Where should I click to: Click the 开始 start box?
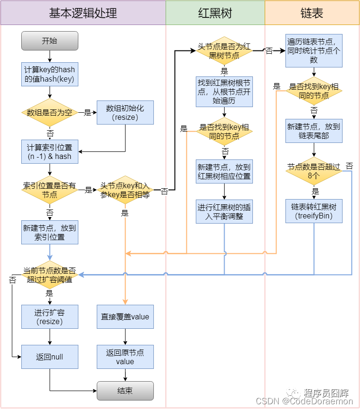click(x=50, y=41)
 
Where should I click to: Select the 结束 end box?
click(x=125, y=391)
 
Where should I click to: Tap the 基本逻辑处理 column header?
click(x=83, y=13)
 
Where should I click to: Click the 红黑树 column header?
click(x=215, y=13)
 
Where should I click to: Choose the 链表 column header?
click(x=311, y=13)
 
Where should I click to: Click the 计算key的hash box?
click(x=50, y=74)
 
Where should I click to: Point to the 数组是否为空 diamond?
click(x=50, y=113)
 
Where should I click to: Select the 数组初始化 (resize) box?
click(x=125, y=113)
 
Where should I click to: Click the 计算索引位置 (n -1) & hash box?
click(x=50, y=151)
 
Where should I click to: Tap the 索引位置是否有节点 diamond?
click(x=50, y=190)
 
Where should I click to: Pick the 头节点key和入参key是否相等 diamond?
click(x=125, y=190)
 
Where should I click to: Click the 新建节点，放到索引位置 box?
click(x=50, y=232)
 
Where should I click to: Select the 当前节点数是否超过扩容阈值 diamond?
click(x=50, y=275)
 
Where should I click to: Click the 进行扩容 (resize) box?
click(x=50, y=317)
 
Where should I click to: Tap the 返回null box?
click(x=50, y=357)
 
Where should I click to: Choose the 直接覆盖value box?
click(x=125, y=317)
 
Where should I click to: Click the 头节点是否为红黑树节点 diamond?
click(x=224, y=51)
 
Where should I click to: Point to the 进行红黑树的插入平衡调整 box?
click(x=224, y=211)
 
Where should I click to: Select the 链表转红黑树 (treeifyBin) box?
click(x=314, y=211)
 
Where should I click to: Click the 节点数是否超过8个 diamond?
click(x=314, y=171)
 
